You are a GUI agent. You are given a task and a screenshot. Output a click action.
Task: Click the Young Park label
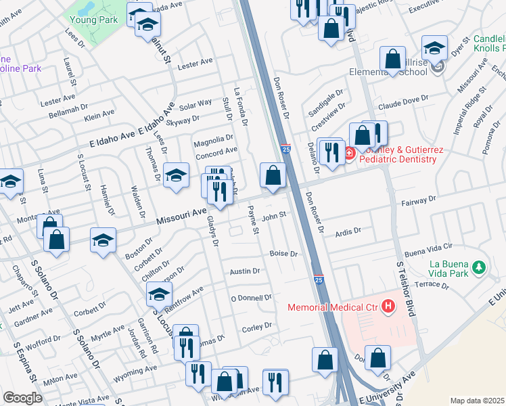pos(92,20)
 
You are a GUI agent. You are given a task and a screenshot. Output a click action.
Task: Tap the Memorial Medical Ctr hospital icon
pos(388,307)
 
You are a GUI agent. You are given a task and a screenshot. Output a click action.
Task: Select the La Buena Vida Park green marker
pos(480,268)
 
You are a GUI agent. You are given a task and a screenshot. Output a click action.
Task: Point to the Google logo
pos(22,398)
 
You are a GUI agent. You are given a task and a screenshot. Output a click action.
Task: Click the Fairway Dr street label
pos(419,200)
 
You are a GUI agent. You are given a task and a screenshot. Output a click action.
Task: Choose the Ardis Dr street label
pos(348,232)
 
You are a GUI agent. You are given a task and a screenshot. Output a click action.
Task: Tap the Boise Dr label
pos(283,254)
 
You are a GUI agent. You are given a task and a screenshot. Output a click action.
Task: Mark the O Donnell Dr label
pos(251,297)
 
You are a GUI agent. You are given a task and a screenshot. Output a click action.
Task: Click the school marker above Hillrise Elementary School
pos(434,48)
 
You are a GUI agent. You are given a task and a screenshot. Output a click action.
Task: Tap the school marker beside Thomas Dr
pos(176,175)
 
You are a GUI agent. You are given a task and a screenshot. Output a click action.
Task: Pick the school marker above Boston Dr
pos(103,240)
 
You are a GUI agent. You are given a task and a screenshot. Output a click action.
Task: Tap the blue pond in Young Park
pos(86,7)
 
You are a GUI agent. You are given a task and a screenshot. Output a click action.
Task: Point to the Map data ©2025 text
pos(477,401)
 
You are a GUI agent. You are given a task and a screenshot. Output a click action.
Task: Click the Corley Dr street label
pos(256,326)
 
